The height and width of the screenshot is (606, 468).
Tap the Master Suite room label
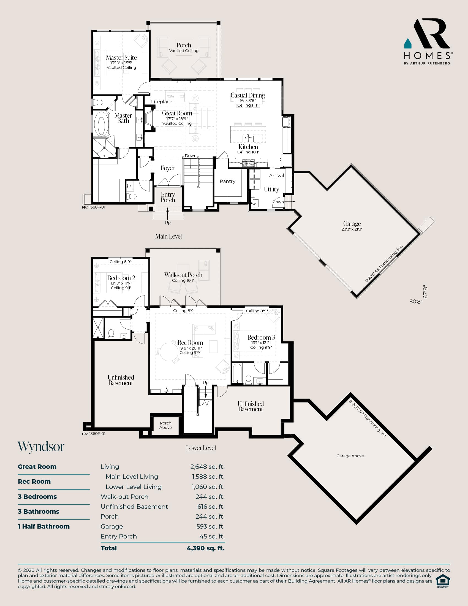121,58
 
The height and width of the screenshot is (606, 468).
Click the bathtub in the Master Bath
101,124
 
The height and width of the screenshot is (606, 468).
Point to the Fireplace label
162,102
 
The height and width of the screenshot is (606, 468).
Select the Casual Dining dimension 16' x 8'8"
248,101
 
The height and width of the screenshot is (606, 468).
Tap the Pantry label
228,181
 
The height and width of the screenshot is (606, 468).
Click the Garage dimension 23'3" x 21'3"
352,229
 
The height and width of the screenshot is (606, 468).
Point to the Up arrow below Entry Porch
168,214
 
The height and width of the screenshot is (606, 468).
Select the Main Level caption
168,236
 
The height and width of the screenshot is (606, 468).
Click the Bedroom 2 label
121,278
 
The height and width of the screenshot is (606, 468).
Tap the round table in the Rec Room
169,352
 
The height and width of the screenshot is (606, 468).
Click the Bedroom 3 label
261,337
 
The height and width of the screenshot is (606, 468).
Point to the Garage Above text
350,456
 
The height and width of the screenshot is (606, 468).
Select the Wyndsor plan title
41,447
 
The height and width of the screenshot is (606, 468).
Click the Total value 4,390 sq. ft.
206,548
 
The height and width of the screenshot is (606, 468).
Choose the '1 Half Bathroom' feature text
44,526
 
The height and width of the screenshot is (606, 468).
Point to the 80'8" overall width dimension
416,302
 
